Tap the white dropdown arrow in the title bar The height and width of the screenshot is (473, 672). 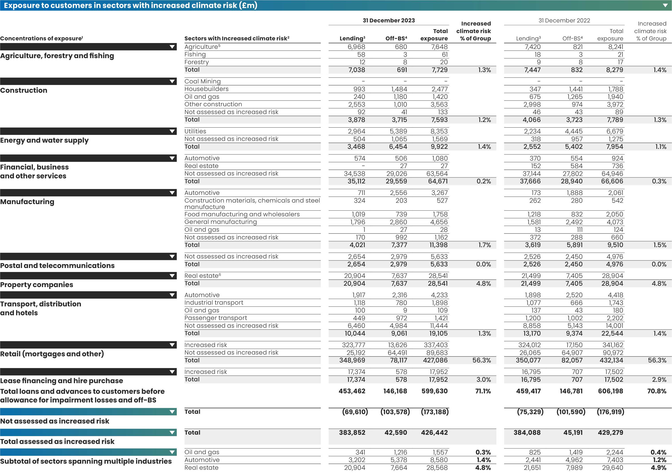665,6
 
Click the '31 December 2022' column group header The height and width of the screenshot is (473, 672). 564,20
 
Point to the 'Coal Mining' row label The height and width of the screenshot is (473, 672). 202,81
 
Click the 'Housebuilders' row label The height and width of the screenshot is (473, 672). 206,89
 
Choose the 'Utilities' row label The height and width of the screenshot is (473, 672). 195,131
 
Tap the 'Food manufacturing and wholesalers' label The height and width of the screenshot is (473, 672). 242,214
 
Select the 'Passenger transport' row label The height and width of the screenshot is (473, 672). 216,318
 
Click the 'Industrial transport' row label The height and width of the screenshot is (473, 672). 214,303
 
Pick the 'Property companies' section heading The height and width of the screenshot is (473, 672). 37,285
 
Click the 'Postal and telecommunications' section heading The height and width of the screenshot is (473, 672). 57,266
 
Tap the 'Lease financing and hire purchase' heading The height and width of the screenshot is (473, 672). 61,380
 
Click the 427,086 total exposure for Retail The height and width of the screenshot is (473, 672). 435,360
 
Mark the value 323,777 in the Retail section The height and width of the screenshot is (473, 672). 353,345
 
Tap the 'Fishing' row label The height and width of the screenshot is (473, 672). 195,54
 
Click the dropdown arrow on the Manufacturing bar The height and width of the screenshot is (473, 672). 172,193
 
